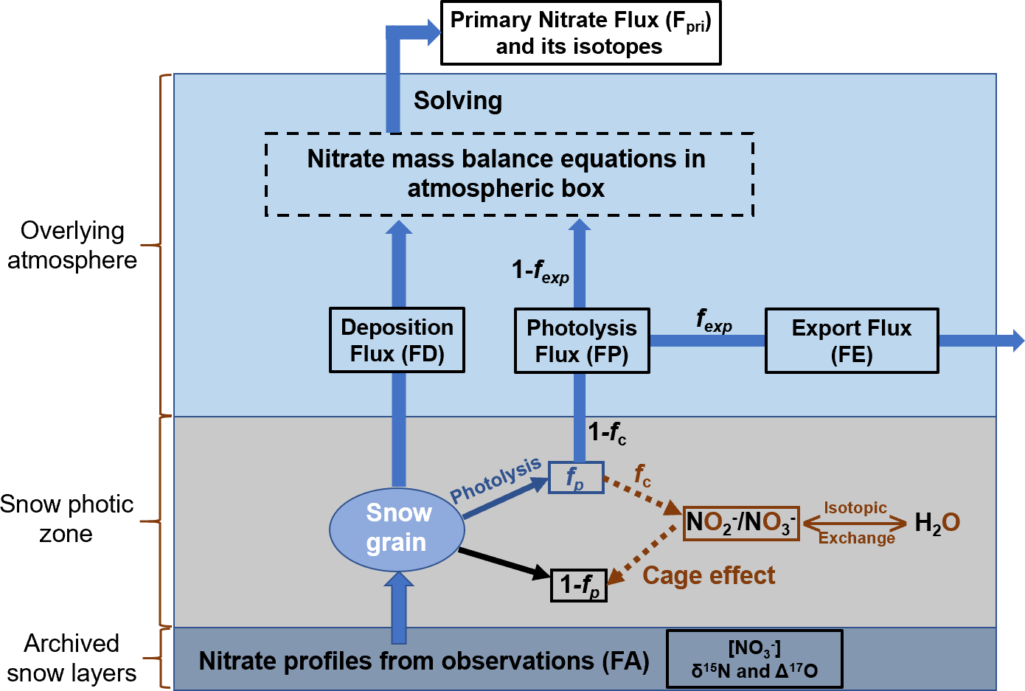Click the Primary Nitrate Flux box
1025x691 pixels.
pyautogui.click(x=580, y=33)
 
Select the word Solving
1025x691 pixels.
pyautogui.click(x=458, y=100)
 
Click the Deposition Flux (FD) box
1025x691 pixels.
pyautogui.click(x=397, y=340)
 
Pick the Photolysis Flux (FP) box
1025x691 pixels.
pyautogui.click(x=582, y=341)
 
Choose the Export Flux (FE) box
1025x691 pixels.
pyautogui.click(x=852, y=341)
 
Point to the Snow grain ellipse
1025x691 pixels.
pyautogui.click(x=397, y=528)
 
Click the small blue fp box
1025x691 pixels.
pyautogui.click(x=576, y=478)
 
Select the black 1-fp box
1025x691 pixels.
pyautogui.click(x=579, y=586)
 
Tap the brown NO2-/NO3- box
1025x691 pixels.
pyautogui.click(x=741, y=523)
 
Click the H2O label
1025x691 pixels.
pyautogui.click(x=937, y=523)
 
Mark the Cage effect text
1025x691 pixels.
pyautogui.click(x=709, y=575)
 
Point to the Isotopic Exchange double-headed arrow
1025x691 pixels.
pyautogui.click(x=855, y=524)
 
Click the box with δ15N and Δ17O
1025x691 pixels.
pyautogui.click(x=754, y=659)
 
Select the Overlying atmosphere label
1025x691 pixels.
pyautogui.click(x=72, y=245)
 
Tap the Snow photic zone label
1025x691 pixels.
pyautogui.click(x=66, y=518)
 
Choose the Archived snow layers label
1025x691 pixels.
pyautogui.click(x=72, y=658)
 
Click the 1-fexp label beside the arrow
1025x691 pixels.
pyautogui.click(x=541, y=271)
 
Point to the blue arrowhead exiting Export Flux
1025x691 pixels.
pyautogui.click(x=1018, y=340)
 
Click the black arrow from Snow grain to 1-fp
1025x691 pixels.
pyautogui.click(x=504, y=562)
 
